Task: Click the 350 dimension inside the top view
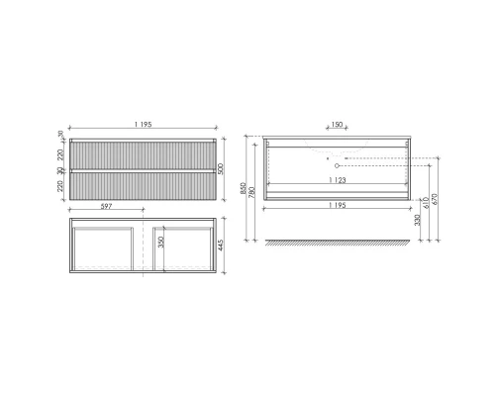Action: [x=159, y=244]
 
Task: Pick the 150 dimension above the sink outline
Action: [x=336, y=126]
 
